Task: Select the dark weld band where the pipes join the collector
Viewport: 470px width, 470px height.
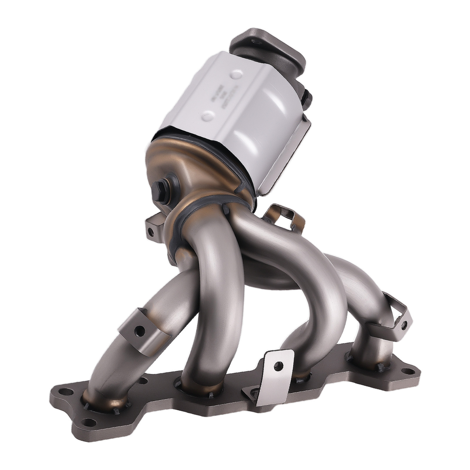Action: click(203, 206)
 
